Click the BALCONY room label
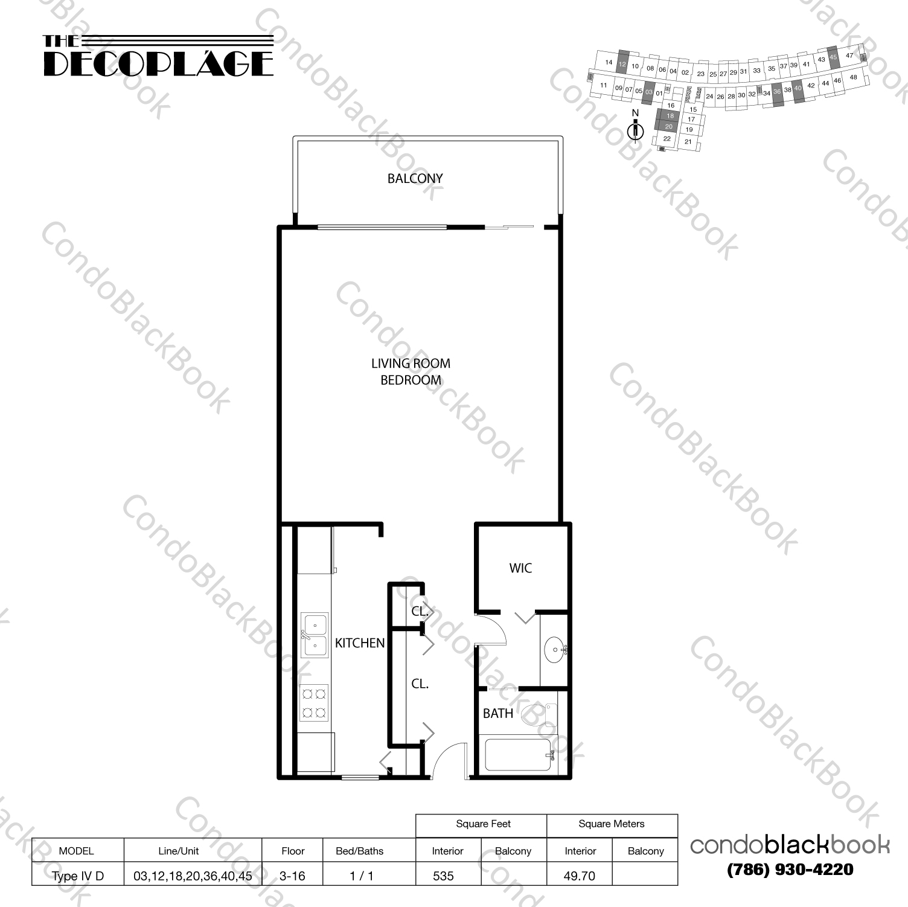pyautogui.click(x=415, y=179)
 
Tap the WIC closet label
pyautogui.click(x=520, y=568)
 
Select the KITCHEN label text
pyautogui.click(x=360, y=644)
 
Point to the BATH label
pyautogui.click(x=497, y=714)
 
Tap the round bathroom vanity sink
pyautogui.click(x=555, y=650)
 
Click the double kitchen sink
pyautogui.click(x=314, y=635)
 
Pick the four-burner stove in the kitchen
pyautogui.click(x=314, y=703)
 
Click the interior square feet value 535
pyautogui.click(x=443, y=876)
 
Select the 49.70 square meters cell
pyautogui.click(x=579, y=876)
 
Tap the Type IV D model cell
pyautogui.click(x=77, y=876)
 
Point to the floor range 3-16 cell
pyautogui.click(x=293, y=876)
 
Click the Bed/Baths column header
pyautogui.click(x=359, y=851)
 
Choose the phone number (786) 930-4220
pyautogui.click(x=790, y=870)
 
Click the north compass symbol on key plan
pyautogui.click(x=635, y=130)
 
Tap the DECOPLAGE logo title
pyautogui.click(x=158, y=63)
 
